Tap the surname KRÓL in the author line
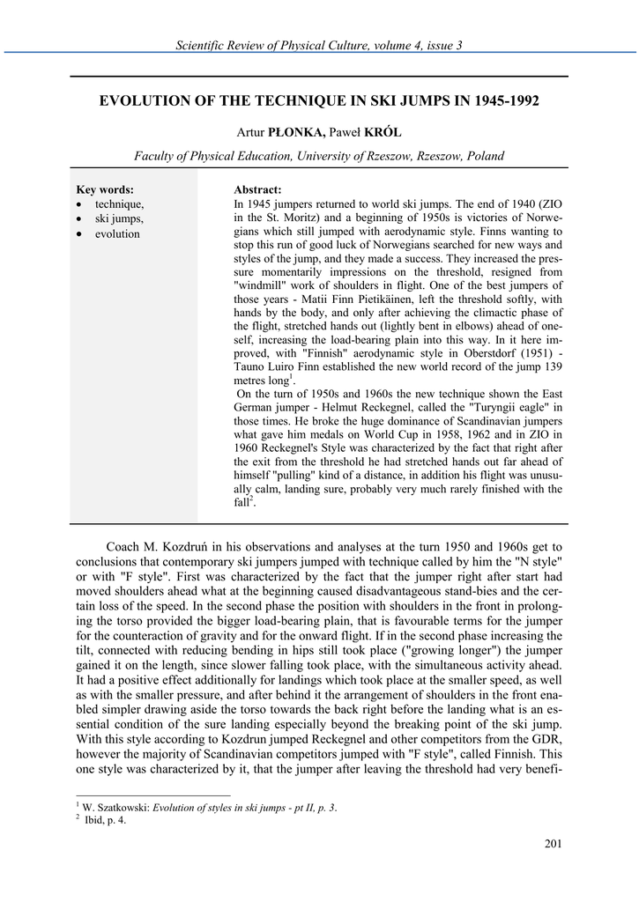(382, 132)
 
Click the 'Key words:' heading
(105, 189)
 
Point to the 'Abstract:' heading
(257, 189)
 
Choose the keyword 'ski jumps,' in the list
(119, 218)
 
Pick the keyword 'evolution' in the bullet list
(117, 233)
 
